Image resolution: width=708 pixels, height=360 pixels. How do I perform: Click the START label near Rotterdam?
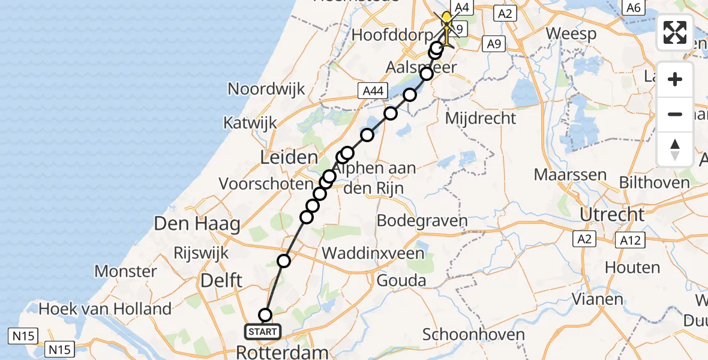pyautogui.click(x=263, y=331)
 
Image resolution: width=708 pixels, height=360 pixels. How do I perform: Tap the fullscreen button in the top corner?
pyautogui.click(x=675, y=32)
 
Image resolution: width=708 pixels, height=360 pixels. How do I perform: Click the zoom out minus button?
pyautogui.click(x=675, y=114)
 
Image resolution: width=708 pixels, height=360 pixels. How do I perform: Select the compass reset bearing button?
pyautogui.click(x=675, y=149)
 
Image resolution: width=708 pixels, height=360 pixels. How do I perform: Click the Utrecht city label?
pyautogui.click(x=611, y=214)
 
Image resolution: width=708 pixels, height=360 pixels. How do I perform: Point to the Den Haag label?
pyautogui.click(x=197, y=224)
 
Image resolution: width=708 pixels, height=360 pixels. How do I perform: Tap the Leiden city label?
pyautogui.click(x=289, y=158)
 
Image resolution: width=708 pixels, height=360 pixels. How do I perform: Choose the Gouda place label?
pyautogui.click(x=401, y=280)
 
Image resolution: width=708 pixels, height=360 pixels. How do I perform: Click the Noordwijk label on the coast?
pyautogui.click(x=266, y=89)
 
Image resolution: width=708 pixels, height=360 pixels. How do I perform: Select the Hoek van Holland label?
pyautogui.click(x=105, y=310)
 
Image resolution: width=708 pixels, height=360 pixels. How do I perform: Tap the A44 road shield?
pyautogui.click(x=372, y=91)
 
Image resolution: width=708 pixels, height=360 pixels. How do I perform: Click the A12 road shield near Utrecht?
pyautogui.click(x=630, y=241)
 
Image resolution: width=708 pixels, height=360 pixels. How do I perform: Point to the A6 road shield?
pyautogui.click(x=634, y=7)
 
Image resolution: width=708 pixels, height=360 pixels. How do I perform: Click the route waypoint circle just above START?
pyautogui.click(x=265, y=315)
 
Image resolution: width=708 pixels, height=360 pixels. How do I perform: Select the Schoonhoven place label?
pyautogui.click(x=474, y=335)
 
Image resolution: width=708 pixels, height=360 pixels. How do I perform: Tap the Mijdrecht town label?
pyautogui.click(x=480, y=118)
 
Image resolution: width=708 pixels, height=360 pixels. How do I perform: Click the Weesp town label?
pyautogui.click(x=571, y=34)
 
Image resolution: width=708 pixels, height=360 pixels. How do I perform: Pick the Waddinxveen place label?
pyautogui.click(x=373, y=253)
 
